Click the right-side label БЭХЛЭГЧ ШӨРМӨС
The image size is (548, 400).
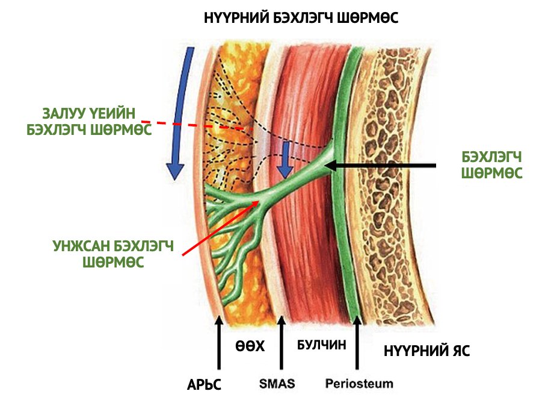coord(491,165)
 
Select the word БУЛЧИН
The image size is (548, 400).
coord(322,345)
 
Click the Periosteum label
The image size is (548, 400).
coord(359,383)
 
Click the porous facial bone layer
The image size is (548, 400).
coord(400,181)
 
